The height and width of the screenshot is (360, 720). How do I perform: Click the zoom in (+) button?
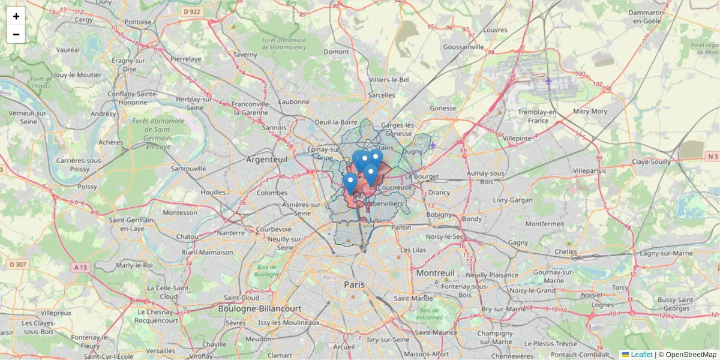tap(16, 16)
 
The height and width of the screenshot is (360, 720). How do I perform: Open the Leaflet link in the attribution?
tap(641, 355)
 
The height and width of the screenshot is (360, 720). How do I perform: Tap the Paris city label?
tap(354, 284)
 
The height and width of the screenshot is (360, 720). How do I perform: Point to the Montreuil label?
tap(435, 273)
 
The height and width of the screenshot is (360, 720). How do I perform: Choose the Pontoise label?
tap(138, 22)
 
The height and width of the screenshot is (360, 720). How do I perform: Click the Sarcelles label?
tap(381, 95)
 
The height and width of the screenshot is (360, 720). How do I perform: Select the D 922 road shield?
tap(192, 11)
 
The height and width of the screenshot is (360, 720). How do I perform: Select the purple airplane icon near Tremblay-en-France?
tap(548, 80)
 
